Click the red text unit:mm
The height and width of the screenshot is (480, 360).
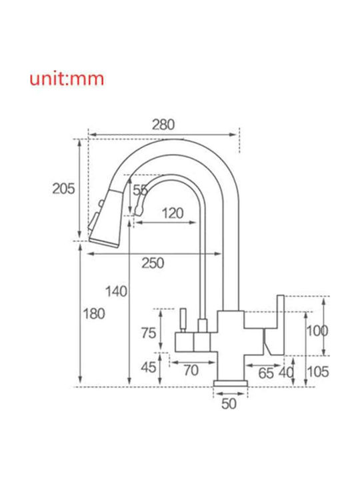pyautogui.click(x=67, y=79)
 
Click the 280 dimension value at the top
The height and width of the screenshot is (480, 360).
pyautogui.click(x=163, y=125)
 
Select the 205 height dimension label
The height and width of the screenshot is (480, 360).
pyautogui.click(x=63, y=189)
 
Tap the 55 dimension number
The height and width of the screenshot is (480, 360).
pyautogui.click(x=140, y=191)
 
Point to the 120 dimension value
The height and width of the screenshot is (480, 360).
pyautogui.click(x=173, y=213)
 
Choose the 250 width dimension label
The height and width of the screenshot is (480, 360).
pyautogui.click(x=153, y=263)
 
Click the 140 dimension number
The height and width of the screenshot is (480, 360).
pyautogui.click(x=116, y=291)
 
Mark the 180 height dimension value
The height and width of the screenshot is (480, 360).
pyautogui.click(x=94, y=314)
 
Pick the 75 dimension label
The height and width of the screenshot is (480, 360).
pyautogui.click(x=149, y=333)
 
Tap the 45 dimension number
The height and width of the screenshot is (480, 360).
pyautogui.click(x=149, y=367)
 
